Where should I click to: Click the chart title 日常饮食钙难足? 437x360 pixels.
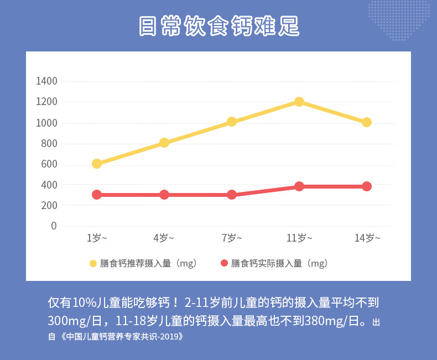218,26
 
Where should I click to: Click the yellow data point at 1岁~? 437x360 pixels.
97,164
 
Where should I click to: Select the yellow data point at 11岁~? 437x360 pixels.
299,102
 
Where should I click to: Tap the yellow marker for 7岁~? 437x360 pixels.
232,122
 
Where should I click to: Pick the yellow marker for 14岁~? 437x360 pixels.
367,122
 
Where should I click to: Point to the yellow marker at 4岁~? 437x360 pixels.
164,143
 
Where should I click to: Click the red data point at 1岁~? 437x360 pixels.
97,195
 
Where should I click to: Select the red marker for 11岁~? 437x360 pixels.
299,186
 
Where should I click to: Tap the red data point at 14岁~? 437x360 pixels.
367,186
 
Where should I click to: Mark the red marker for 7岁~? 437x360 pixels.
232,195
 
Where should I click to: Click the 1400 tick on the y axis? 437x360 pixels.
46,81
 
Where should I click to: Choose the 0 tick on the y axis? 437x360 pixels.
54,226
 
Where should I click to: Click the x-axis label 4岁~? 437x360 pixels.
164,238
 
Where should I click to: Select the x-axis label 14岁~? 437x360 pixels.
367,238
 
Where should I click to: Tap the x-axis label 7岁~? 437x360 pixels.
232,238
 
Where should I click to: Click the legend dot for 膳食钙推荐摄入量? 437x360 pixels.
93,263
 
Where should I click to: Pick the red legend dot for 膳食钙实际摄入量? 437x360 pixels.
224,263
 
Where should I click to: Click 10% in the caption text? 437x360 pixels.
84,302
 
